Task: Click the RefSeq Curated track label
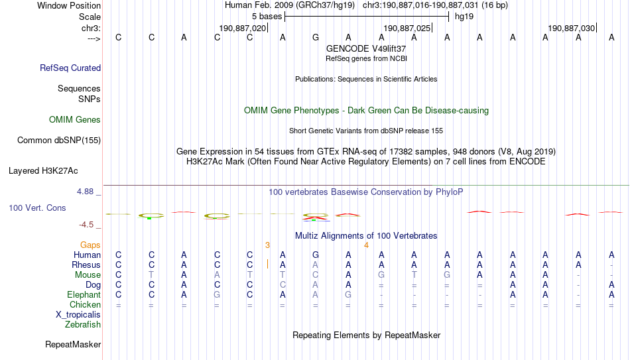pyautogui.click(x=70, y=68)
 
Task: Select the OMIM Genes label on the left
pyautogui.click(x=75, y=120)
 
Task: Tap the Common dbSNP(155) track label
pyautogui.click(x=59, y=141)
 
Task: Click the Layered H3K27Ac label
pyautogui.click(x=43, y=171)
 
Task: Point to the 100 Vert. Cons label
pyautogui.click(x=37, y=208)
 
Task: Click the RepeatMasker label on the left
pyautogui.click(x=73, y=344)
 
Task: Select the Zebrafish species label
pyautogui.click(x=83, y=324)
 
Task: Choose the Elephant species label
pyautogui.click(x=84, y=294)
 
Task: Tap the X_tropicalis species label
pyautogui.click(x=78, y=315)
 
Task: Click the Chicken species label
pyautogui.click(x=85, y=304)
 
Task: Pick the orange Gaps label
pyautogui.click(x=90, y=245)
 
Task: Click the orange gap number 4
pyautogui.click(x=366, y=245)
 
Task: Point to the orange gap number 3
pyautogui.click(x=267, y=245)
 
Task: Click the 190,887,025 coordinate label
pyautogui.click(x=407, y=28)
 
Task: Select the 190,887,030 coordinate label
pyautogui.click(x=572, y=28)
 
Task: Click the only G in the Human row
pyautogui.click(x=316, y=255)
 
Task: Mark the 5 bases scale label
pyautogui.click(x=267, y=17)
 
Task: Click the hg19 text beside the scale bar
pyautogui.click(x=464, y=17)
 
